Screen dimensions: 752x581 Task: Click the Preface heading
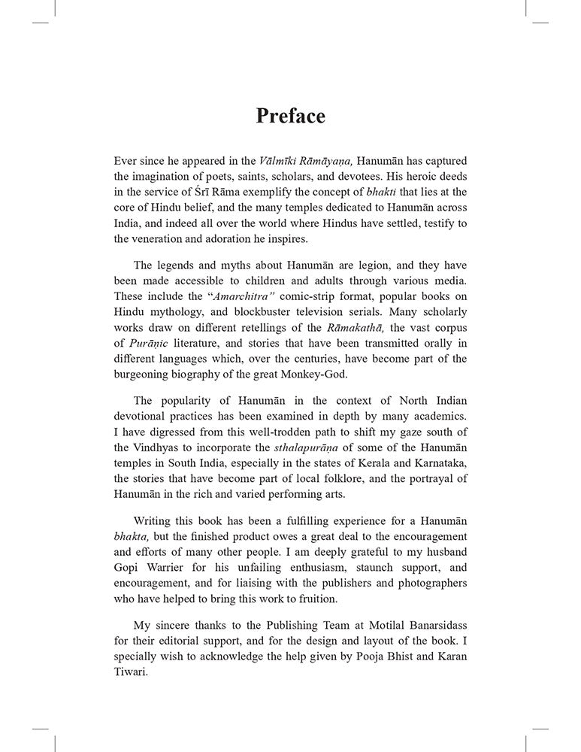coord(290,117)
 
